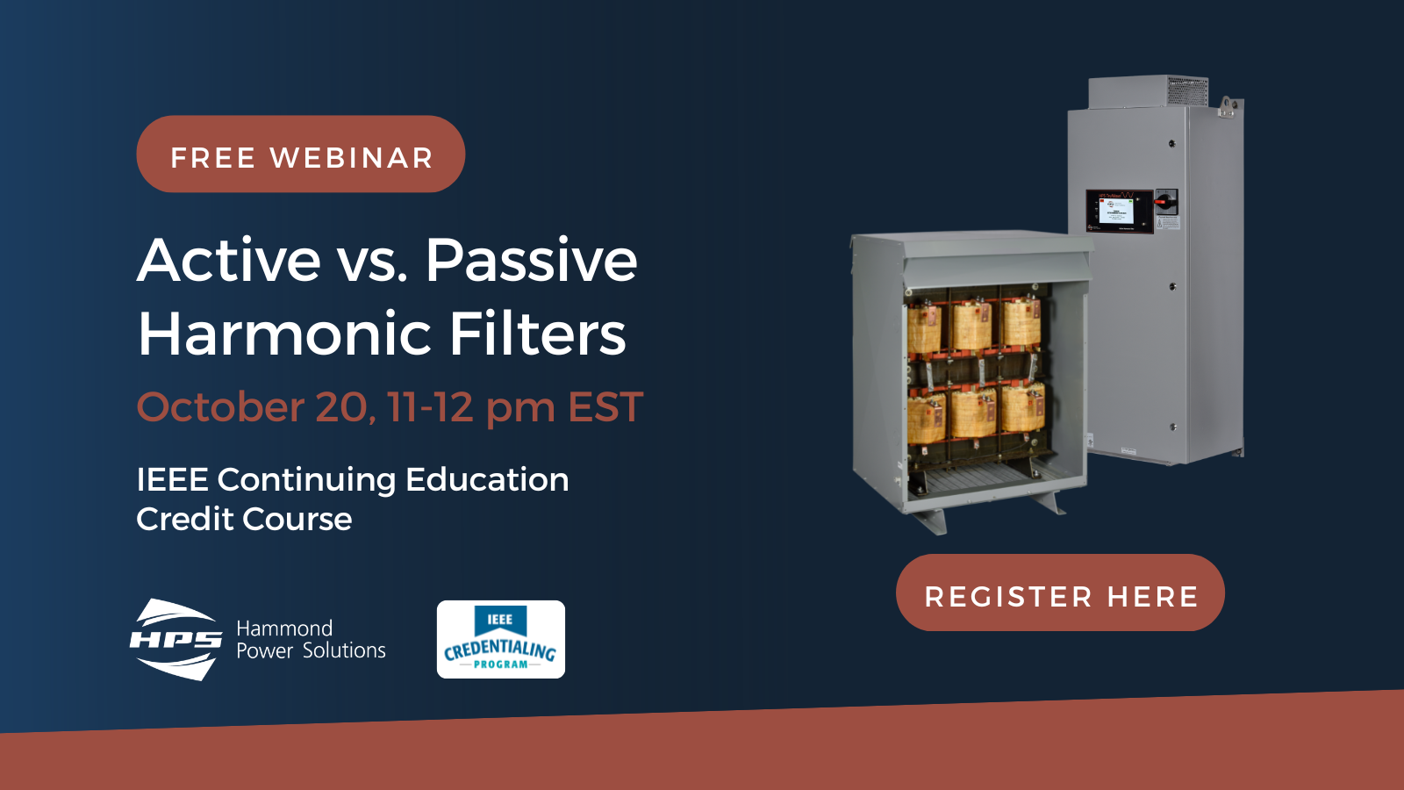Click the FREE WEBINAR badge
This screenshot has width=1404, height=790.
click(300, 154)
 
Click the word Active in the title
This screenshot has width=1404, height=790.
click(229, 261)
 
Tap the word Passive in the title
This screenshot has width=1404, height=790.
click(531, 261)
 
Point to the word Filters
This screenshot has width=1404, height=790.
click(537, 334)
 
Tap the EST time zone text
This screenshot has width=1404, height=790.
click(605, 407)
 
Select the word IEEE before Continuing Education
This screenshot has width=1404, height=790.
click(172, 480)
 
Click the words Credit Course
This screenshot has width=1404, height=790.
click(244, 520)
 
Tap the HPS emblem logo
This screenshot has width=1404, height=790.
click(176, 640)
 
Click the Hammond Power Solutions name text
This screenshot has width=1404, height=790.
click(311, 640)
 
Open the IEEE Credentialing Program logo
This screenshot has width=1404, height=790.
click(500, 640)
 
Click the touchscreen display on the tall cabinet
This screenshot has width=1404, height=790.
click(1116, 211)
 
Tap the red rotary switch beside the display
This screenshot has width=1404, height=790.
click(1165, 202)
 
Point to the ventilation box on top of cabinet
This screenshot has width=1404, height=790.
click(1148, 92)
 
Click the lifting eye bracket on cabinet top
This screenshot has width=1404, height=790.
click(1228, 108)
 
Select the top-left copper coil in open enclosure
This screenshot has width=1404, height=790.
click(925, 327)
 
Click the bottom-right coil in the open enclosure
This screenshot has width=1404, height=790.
click(1022, 409)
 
